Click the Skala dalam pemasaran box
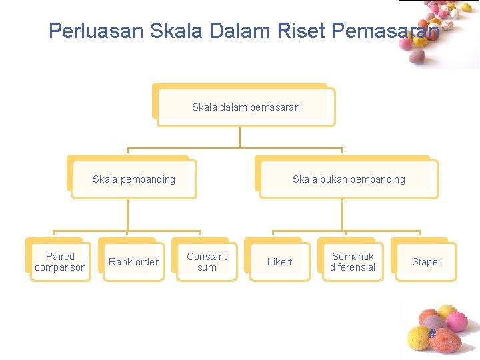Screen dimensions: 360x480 246,107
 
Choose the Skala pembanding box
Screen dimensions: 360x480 134,179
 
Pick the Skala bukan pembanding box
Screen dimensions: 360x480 349,179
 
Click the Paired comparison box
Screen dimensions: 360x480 60,262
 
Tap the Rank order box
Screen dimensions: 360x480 133,262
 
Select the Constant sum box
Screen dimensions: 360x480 207,262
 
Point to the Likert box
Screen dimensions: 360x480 279,262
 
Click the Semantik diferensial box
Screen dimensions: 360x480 353,262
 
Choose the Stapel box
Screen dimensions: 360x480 425,262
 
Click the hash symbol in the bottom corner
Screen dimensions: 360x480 432,333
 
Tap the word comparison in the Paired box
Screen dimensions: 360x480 60,268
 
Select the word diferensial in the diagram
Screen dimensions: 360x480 353,268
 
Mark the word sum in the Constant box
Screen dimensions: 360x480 207,268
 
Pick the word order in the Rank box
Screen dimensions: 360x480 145,262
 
